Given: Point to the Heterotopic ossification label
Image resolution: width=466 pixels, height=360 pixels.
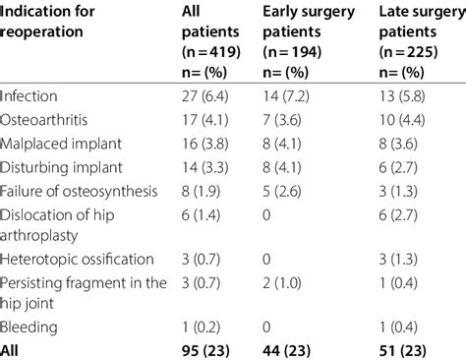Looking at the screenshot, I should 77,259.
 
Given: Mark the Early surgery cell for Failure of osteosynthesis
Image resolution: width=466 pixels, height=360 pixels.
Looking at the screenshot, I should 289,193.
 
